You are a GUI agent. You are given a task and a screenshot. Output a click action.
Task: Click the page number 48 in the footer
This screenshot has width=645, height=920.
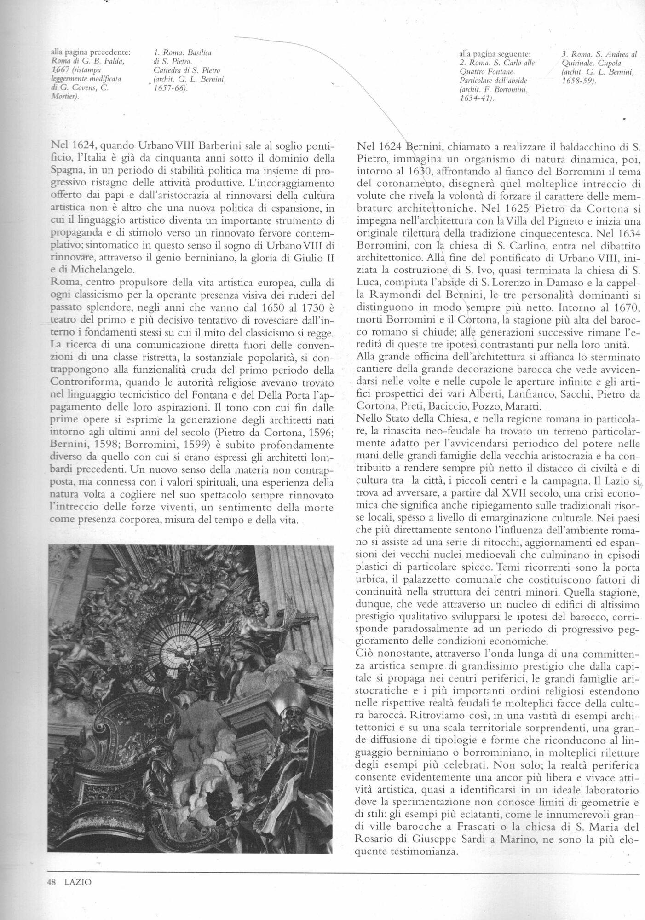[52, 882]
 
